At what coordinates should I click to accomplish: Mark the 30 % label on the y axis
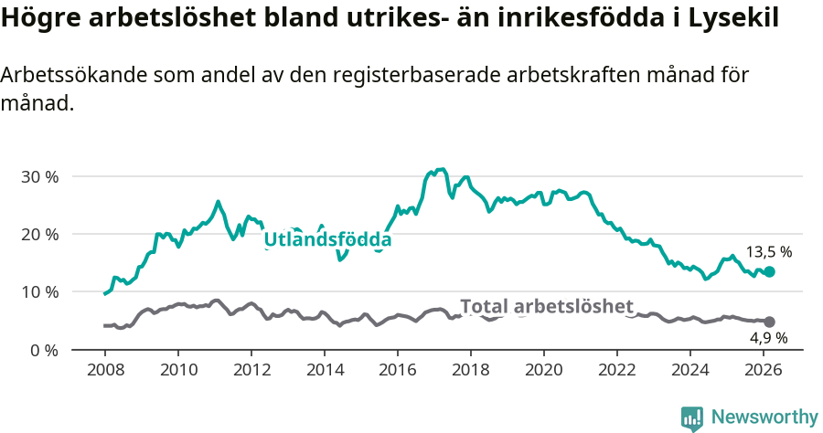[39, 176]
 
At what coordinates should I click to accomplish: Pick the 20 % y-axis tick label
[39, 234]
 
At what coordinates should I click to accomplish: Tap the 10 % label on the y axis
[39, 292]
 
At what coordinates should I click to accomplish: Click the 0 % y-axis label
[43, 350]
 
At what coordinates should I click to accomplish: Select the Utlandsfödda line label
[327, 240]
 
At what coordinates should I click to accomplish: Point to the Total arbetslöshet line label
[546, 306]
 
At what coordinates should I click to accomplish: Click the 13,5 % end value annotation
[769, 251]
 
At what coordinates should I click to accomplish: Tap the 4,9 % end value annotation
[769, 338]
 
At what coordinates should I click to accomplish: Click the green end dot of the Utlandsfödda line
[769, 271]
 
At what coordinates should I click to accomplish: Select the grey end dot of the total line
[769, 322]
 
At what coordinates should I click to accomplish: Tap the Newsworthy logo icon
[691, 417]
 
